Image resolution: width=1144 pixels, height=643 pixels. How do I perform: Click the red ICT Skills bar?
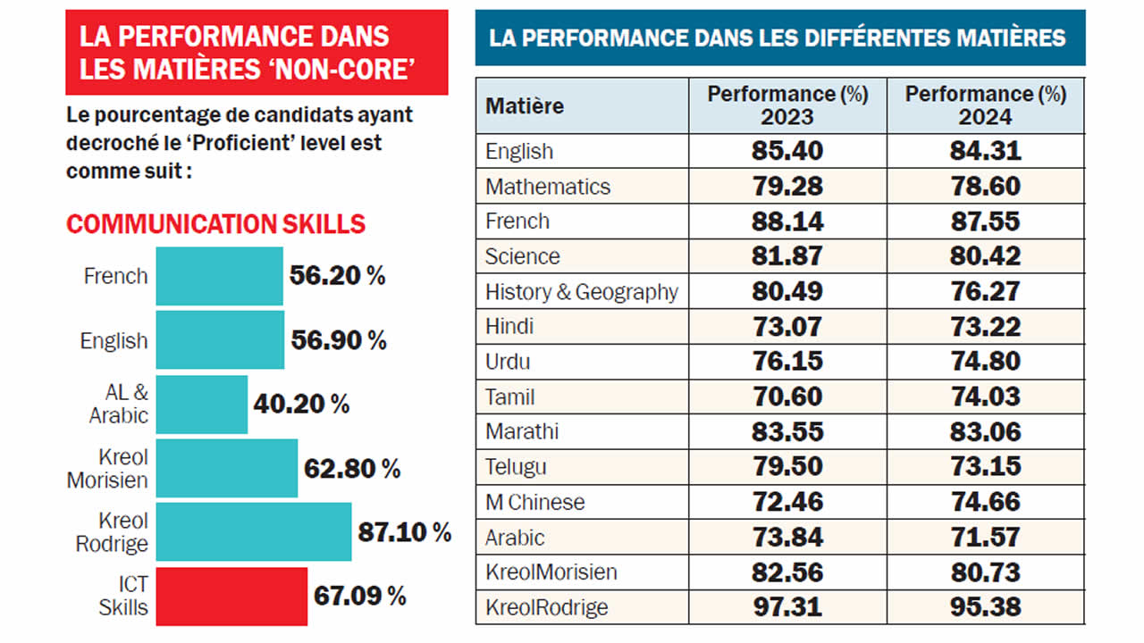231,597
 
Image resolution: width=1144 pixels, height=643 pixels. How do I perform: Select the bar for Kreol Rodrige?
254,531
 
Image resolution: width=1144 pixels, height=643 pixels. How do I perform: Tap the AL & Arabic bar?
202,404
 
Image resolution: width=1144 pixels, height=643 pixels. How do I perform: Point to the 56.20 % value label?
337,276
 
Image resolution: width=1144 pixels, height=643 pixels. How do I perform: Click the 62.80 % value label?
352,468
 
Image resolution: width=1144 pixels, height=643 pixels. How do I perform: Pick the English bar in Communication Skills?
220,339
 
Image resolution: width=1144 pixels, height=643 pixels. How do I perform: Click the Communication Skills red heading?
215,223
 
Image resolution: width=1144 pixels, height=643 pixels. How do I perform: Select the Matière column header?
526,106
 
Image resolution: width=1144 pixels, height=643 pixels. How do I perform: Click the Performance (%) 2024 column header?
985,105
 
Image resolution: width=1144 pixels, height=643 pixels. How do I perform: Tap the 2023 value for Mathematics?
787,187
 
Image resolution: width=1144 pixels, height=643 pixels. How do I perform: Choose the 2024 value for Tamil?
985,397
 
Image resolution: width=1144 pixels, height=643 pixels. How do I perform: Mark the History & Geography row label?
581,292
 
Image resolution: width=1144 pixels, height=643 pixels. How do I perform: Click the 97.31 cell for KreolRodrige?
787,607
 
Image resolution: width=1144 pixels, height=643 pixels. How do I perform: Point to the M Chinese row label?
534,502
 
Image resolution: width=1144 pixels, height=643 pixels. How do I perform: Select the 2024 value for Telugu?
985,467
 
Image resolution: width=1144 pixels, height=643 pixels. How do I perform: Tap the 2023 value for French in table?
787,221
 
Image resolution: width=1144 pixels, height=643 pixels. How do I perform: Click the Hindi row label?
509,327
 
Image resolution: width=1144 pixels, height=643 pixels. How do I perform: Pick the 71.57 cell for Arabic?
985,538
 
